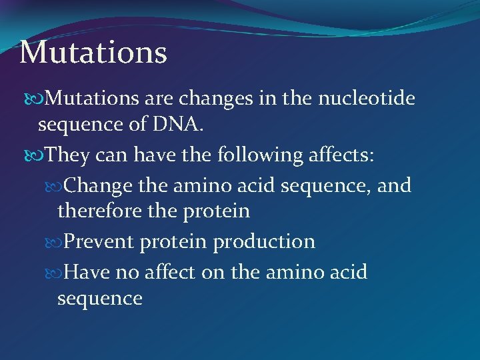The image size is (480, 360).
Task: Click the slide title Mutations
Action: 93,52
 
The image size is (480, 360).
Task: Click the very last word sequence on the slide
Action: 100,297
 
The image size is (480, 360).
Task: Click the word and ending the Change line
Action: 393,185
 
